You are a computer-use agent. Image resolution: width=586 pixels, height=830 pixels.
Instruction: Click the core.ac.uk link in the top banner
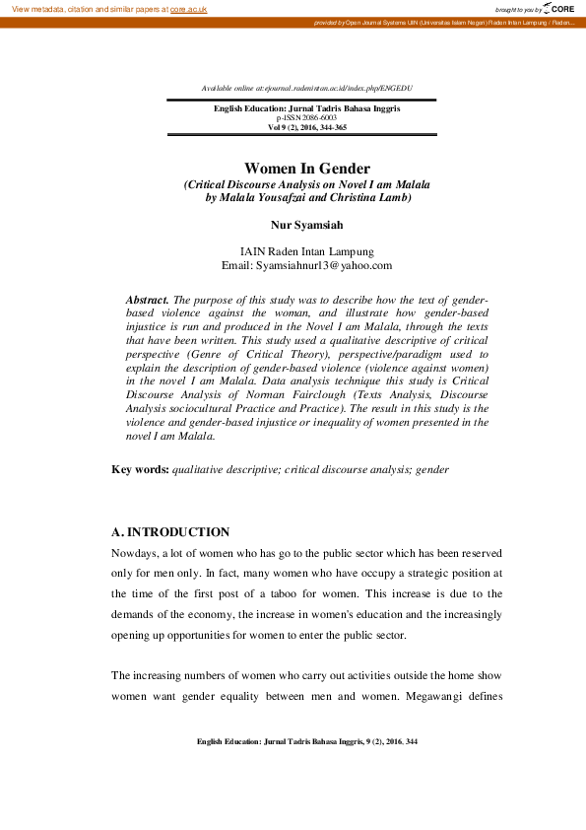[x=188, y=9]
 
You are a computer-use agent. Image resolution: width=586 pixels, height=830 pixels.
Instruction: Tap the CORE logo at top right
[x=560, y=9]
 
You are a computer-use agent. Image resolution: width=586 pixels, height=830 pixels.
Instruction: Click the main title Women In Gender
[x=306, y=170]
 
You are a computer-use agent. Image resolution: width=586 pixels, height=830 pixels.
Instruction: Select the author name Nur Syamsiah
[x=306, y=226]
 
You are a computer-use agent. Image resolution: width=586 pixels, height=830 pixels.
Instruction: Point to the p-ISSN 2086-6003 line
[x=306, y=118]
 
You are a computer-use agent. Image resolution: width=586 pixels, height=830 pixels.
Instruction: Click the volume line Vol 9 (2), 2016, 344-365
[x=306, y=128]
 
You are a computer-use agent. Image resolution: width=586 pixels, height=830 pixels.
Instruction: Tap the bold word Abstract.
[x=148, y=298]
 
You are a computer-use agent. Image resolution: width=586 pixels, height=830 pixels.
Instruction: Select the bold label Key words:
[x=140, y=470]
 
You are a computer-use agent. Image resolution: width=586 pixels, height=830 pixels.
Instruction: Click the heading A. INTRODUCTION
[x=170, y=532]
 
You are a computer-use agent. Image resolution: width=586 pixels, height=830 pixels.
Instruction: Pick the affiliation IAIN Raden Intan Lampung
[x=306, y=251]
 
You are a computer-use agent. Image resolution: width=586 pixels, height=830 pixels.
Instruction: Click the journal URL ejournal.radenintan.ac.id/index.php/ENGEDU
[x=325, y=89]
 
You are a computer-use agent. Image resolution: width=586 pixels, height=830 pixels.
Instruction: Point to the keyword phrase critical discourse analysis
[x=348, y=470]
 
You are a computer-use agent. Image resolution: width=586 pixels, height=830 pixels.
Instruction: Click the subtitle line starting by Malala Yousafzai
[x=306, y=197]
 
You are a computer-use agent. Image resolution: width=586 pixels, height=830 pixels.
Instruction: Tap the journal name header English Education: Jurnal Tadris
[x=306, y=108]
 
